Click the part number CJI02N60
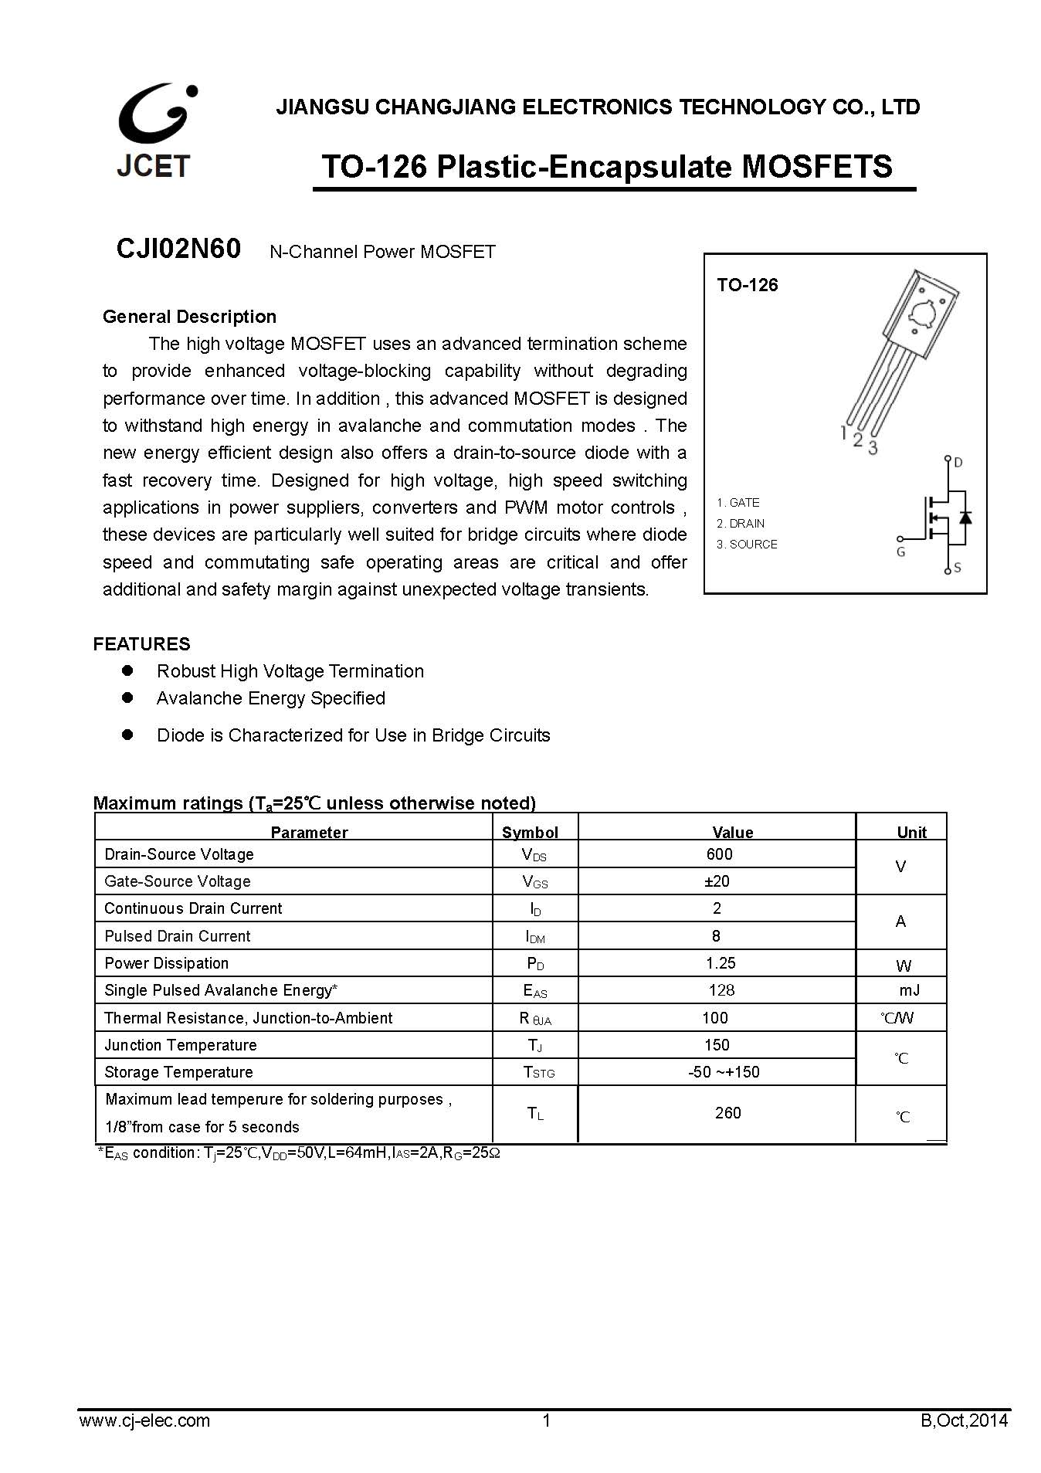point(178,249)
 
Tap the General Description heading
point(189,317)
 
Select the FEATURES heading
point(141,643)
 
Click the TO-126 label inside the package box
point(747,285)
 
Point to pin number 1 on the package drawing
point(844,433)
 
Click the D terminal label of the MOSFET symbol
point(958,463)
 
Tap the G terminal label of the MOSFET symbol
point(900,552)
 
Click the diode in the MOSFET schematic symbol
point(964,516)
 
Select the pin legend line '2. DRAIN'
point(741,523)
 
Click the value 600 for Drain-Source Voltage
point(719,854)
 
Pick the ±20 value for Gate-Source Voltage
point(717,881)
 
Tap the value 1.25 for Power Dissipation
point(721,963)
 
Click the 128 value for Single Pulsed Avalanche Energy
point(721,990)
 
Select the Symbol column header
point(530,832)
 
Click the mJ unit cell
point(909,990)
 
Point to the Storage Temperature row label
point(178,1072)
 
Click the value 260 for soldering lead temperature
point(727,1112)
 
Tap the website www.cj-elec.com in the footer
point(144,1420)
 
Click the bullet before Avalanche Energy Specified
point(128,697)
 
